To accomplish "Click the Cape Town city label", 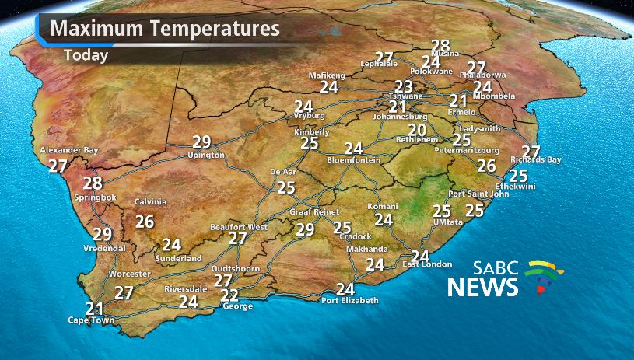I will (x=91, y=320).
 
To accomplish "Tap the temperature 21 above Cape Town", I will (x=95, y=308).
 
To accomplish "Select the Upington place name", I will (x=206, y=155).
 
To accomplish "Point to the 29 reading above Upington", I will (x=202, y=142).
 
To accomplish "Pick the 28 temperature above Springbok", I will (x=93, y=183).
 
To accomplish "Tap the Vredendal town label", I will (x=104, y=248).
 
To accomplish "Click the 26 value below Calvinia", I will (x=145, y=222).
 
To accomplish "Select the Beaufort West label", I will (x=239, y=227).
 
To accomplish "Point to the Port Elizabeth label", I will (x=350, y=300).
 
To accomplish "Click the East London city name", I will (x=427, y=265).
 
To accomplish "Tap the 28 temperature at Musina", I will (x=441, y=46).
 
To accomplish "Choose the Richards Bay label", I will (x=536, y=159).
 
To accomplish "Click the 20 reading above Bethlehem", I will (x=417, y=130).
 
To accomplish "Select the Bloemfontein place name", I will (x=354, y=159).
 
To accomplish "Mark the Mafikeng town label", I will (x=327, y=75).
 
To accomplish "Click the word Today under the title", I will (x=86, y=55).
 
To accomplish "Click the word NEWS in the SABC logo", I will (x=482, y=287).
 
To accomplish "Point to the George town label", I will (x=237, y=306).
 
